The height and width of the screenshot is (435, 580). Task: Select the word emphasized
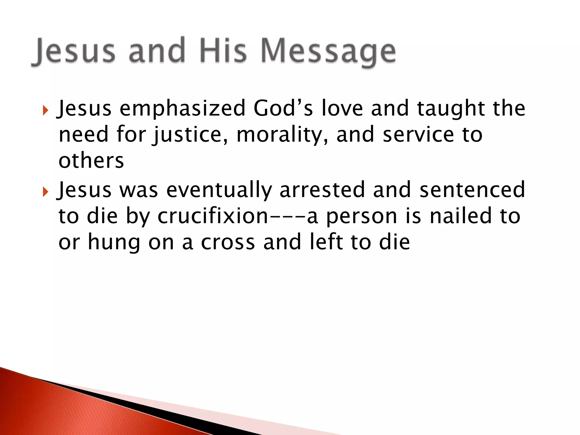182,109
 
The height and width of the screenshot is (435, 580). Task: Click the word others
91,161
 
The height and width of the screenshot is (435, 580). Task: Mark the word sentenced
472,190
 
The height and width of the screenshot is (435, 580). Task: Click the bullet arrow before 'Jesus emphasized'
45,110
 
